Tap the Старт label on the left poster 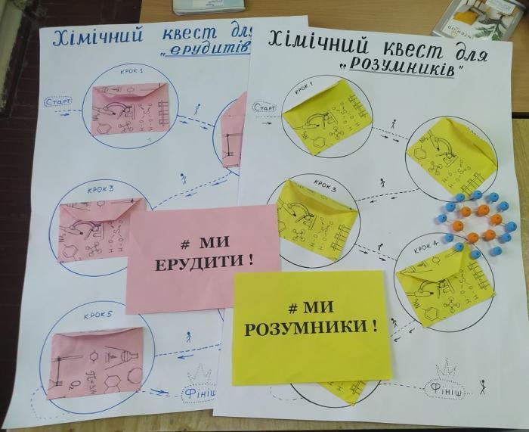[59, 102]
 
